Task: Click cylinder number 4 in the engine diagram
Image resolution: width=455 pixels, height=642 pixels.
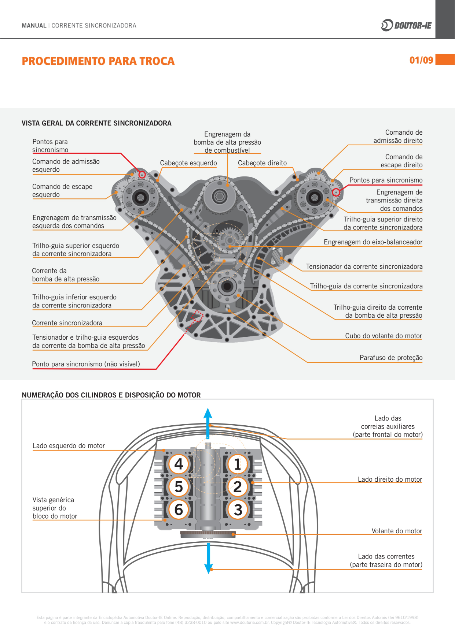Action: click(x=179, y=464)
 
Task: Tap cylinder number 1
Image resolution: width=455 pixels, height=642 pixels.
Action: click(x=238, y=464)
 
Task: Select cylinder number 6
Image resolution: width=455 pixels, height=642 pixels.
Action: click(x=179, y=510)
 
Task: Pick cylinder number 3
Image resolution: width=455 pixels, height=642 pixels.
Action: click(x=238, y=510)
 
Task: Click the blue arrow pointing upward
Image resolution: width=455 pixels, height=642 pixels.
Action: click(x=208, y=421)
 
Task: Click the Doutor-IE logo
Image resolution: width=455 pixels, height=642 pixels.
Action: click(x=406, y=25)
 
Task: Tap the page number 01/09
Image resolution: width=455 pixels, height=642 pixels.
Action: click(x=421, y=60)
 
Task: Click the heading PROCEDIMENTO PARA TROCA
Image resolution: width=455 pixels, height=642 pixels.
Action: click(x=98, y=61)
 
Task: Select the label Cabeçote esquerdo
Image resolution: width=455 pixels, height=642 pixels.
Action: click(x=188, y=163)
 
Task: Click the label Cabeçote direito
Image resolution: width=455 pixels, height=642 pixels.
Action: click(x=262, y=163)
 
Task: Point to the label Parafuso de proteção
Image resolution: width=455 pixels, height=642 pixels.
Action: click(x=391, y=358)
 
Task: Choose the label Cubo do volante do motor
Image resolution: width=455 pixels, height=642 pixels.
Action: click(x=383, y=336)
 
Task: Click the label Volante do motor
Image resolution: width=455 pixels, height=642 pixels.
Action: click(x=397, y=531)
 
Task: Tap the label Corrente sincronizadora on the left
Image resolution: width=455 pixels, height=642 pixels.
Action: click(x=67, y=323)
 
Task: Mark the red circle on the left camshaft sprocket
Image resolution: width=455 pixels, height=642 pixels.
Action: click(x=142, y=175)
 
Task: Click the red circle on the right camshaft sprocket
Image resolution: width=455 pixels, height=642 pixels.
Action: click(x=336, y=192)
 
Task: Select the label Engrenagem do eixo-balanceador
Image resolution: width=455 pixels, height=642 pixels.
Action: click(x=373, y=242)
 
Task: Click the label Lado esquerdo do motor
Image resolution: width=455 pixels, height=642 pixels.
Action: click(x=69, y=445)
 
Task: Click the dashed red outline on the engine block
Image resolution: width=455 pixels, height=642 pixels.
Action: click(x=197, y=316)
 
